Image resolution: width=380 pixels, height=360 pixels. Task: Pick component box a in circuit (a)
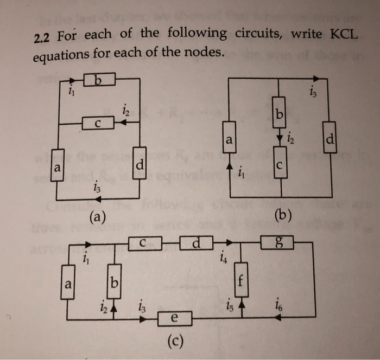(56, 168)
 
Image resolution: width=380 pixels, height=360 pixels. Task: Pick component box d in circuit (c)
(195, 243)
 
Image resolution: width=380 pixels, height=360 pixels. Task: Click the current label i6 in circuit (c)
(278, 304)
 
